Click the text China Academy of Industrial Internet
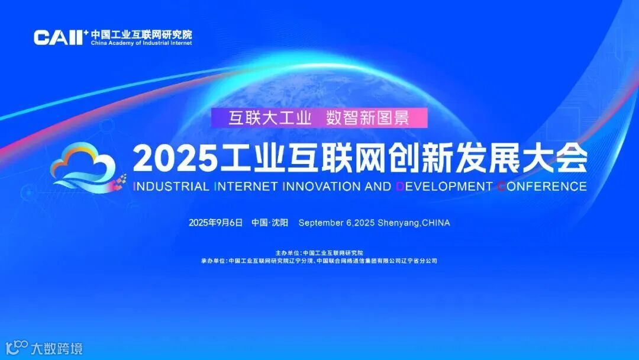(141, 43)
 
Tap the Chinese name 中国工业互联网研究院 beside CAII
(141, 34)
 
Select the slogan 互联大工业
(270, 118)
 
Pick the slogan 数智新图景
(367, 118)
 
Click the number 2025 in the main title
(172, 157)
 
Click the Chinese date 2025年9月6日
(216, 223)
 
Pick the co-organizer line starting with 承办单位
(319, 261)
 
